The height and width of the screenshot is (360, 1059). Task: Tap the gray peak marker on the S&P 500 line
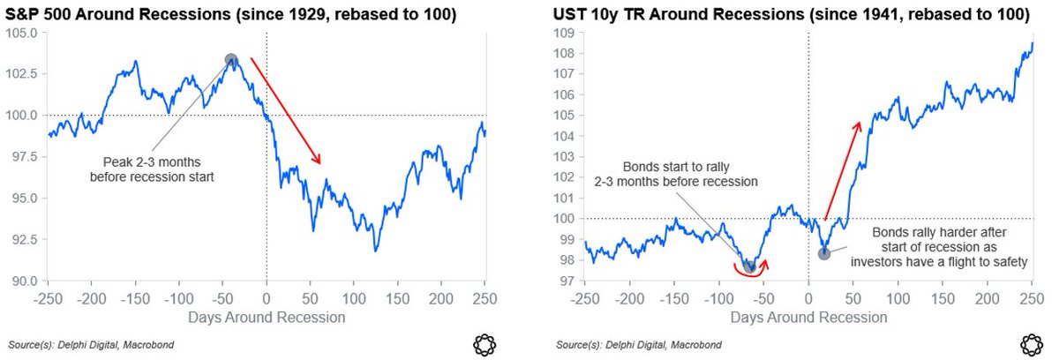pyautogui.click(x=231, y=60)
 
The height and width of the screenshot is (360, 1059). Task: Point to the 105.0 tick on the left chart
pyautogui.click(x=22, y=32)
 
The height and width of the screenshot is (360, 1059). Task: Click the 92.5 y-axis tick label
pyautogui.click(x=22, y=239)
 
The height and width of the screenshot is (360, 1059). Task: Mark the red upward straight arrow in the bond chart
pyautogui.click(x=842, y=170)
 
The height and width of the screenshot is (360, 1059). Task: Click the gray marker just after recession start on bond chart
pyautogui.click(x=823, y=253)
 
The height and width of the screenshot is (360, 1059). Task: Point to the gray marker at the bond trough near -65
pyautogui.click(x=748, y=265)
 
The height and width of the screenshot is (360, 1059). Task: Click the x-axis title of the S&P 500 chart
pyautogui.click(x=267, y=316)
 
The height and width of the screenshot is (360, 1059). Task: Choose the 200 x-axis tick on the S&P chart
pyautogui.click(x=441, y=298)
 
